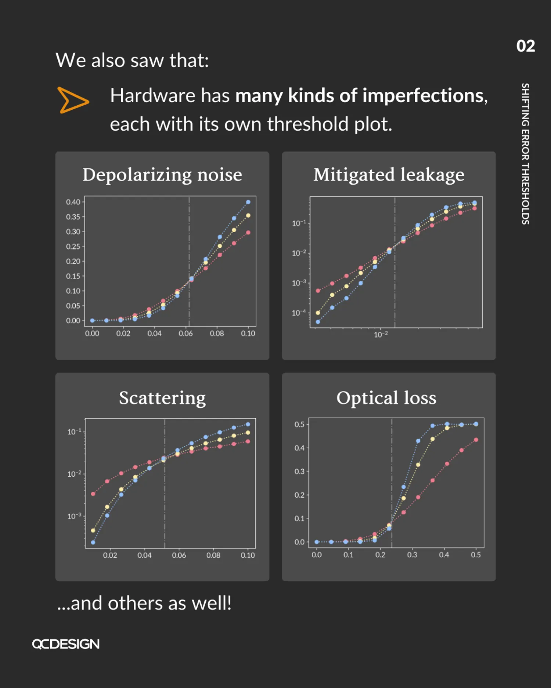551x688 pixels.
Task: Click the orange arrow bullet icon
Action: pyautogui.click(x=73, y=100)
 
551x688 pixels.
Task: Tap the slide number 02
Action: pyautogui.click(x=525, y=46)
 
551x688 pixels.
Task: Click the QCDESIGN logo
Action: pyautogui.click(x=66, y=644)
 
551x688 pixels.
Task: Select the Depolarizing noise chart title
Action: pyautogui.click(x=162, y=175)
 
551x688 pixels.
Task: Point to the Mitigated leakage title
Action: pyautogui.click(x=389, y=175)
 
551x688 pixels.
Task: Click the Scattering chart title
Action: pyautogui.click(x=162, y=398)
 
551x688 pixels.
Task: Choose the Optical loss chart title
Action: pyautogui.click(x=386, y=398)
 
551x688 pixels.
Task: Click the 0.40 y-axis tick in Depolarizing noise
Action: pyautogui.click(x=73, y=202)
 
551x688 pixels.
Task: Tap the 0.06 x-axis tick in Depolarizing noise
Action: pyautogui.click(x=186, y=334)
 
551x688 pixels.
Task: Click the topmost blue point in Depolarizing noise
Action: pyautogui.click(x=248, y=202)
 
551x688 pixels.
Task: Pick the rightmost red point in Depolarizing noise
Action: pyautogui.click(x=248, y=233)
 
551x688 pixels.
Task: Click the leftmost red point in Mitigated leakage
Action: pyautogui.click(x=318, y=291)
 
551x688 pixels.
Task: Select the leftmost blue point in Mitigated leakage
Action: pyautogui.click(x=318, y=322)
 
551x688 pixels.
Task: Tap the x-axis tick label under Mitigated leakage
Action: pyautogui.click(x=381, y=335)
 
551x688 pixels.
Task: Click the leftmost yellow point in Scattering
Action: pyautogui.click(x=93, y=531)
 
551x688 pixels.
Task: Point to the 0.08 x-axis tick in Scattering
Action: pyautogui.click(x=213, y=556)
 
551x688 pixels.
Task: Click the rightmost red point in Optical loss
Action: pyautogui.click(x=476, y=440)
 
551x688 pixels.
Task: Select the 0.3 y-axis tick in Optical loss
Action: pyautogui.click(x=299, y=472)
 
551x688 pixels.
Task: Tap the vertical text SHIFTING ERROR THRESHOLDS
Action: pyautogui.click(x=525, y=153)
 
